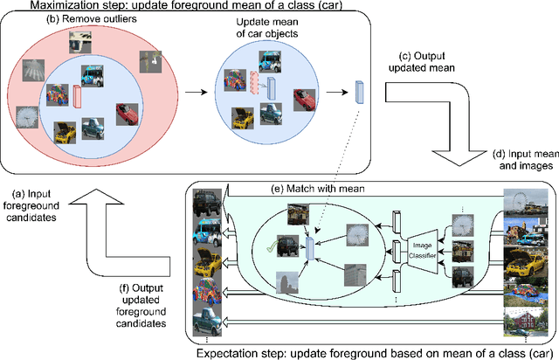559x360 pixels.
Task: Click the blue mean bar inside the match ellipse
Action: click(x=310, y=250)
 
